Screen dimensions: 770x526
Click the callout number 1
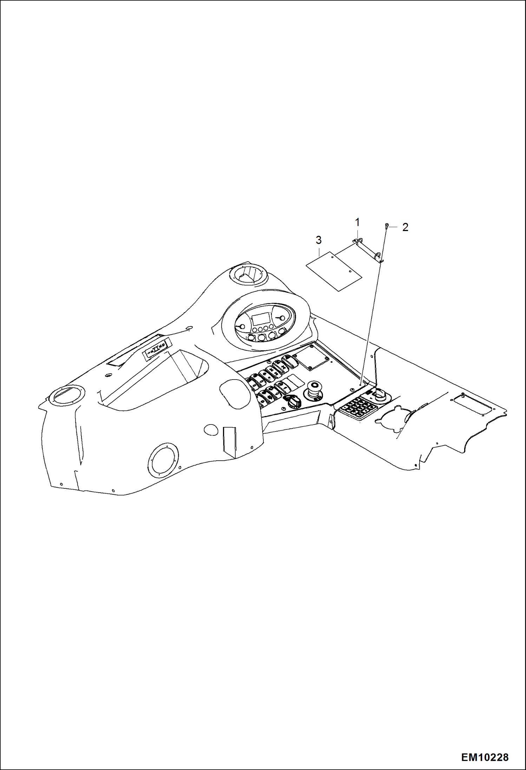357,222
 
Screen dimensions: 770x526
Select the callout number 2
405,228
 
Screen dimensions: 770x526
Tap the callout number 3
318,240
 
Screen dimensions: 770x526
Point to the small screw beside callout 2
387,226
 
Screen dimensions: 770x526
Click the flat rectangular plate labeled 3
334,271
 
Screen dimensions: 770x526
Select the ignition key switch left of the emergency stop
292,400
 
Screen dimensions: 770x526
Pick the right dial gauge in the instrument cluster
280,318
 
